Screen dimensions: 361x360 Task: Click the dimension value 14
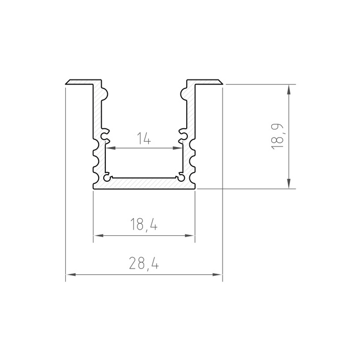[144, 139]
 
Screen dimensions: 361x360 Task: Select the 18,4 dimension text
[144, 225]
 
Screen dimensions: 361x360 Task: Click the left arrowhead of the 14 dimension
[110, 148]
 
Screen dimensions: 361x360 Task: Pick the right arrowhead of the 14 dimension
[177, 148]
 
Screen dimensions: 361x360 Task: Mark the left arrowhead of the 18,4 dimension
[97, 235]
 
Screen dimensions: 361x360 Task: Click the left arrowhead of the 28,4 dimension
[70, 274]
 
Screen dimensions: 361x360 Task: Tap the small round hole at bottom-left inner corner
[107, 178]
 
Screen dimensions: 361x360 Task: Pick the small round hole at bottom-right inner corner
[181, 178]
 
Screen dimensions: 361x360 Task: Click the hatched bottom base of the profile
[144, 183]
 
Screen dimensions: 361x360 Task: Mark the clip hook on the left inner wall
[106, 135]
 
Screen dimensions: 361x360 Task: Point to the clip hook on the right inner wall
[182, 135]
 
